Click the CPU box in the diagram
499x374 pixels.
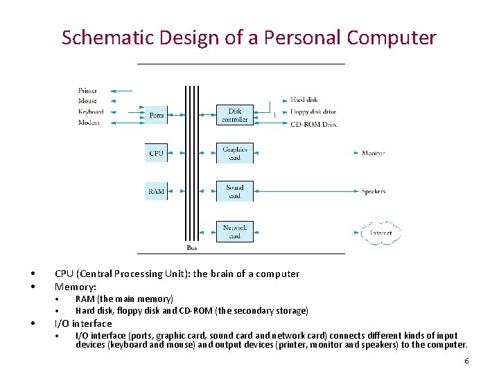(x=157, y=153)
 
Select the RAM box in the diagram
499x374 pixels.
(x=156, y=191)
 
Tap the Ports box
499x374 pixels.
(x=157, y=115)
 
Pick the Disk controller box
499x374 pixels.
(x=235, y=115)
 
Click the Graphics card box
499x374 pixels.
(x=235, y=153)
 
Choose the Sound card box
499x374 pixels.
(x=235, y=191)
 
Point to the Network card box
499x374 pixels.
(x=235, y=231)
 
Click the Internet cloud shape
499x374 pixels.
(x=381, y=233)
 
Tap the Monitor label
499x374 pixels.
(x=373, y=153)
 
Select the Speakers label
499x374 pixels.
(x=374, y=191)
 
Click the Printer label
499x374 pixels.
(x=88, y=90)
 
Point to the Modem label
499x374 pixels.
(x=89, y=123)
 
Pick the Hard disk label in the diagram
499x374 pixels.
(x=304, y=100)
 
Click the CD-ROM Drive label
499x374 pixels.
(x=313, y=124)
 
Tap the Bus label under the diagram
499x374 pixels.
(x=192, y=247)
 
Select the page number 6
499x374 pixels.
(x=466, y=361)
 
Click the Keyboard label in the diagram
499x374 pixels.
(x=91, y=112)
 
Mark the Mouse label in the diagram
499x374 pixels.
(x=88, y=101)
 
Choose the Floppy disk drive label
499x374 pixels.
(x=313, y=112)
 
